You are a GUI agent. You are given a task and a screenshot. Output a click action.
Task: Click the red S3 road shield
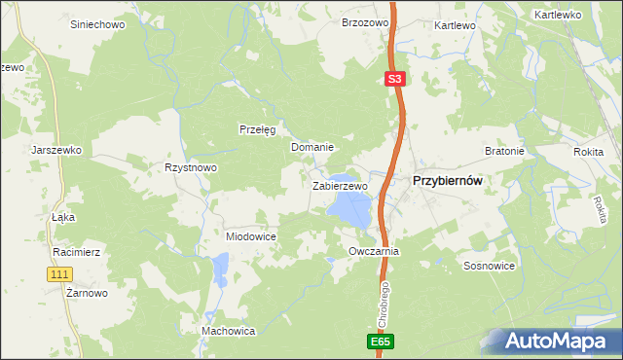click(x=393, y=80)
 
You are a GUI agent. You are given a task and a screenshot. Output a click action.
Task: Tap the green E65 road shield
click(x=383, y=342)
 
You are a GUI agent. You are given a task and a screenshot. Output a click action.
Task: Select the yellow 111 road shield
click(x=58, y=274)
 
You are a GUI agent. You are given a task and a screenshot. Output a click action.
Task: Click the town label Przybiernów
click(x=449, y=180)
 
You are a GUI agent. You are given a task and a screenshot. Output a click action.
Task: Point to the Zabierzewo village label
click(x=340, y=186)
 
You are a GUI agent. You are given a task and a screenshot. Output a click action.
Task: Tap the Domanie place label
click(x=312, y=148)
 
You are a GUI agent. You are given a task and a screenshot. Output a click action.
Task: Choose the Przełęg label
click(x=258, y=129)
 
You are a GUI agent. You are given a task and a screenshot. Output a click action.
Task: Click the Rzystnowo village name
click(x=191, y=167)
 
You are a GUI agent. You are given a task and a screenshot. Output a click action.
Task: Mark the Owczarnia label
click(x=375, y=251)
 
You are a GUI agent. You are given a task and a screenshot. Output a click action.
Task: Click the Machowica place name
click(x=228, y=332)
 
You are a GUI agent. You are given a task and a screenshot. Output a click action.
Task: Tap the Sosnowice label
click(x=489, y=266)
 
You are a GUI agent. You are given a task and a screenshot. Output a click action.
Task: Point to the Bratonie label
click(x=504, y=152)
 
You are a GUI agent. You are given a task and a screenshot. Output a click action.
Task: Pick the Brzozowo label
click(x=365, y=22)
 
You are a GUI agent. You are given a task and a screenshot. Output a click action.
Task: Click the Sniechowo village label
click(x=97, y=24)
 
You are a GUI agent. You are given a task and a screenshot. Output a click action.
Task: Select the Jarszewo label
click(x=55, y=151)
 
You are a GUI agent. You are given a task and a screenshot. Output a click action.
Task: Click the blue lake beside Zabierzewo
click(x=349, y=208)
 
